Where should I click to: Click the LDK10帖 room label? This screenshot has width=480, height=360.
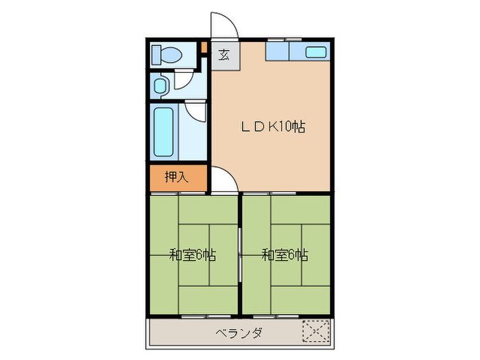pos(272,126)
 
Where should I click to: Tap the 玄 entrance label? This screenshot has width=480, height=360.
pos(224,56)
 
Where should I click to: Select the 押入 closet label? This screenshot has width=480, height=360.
pos(176,178)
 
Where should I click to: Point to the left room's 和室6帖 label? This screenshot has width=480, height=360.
pos(193,255)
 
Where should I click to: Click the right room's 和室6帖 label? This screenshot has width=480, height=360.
pos(285,255)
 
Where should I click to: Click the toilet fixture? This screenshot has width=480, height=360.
pos(165,53)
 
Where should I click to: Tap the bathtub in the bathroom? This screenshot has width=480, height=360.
pos(163,132)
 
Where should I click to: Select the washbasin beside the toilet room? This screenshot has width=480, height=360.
pos(160,85)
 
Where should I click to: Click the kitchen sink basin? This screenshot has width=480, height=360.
pos(315,52)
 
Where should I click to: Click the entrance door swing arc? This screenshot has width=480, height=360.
pos(224,25)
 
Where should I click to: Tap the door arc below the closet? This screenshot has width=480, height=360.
pos(224,180)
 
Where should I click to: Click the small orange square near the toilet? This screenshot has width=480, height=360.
pos(203,48)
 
